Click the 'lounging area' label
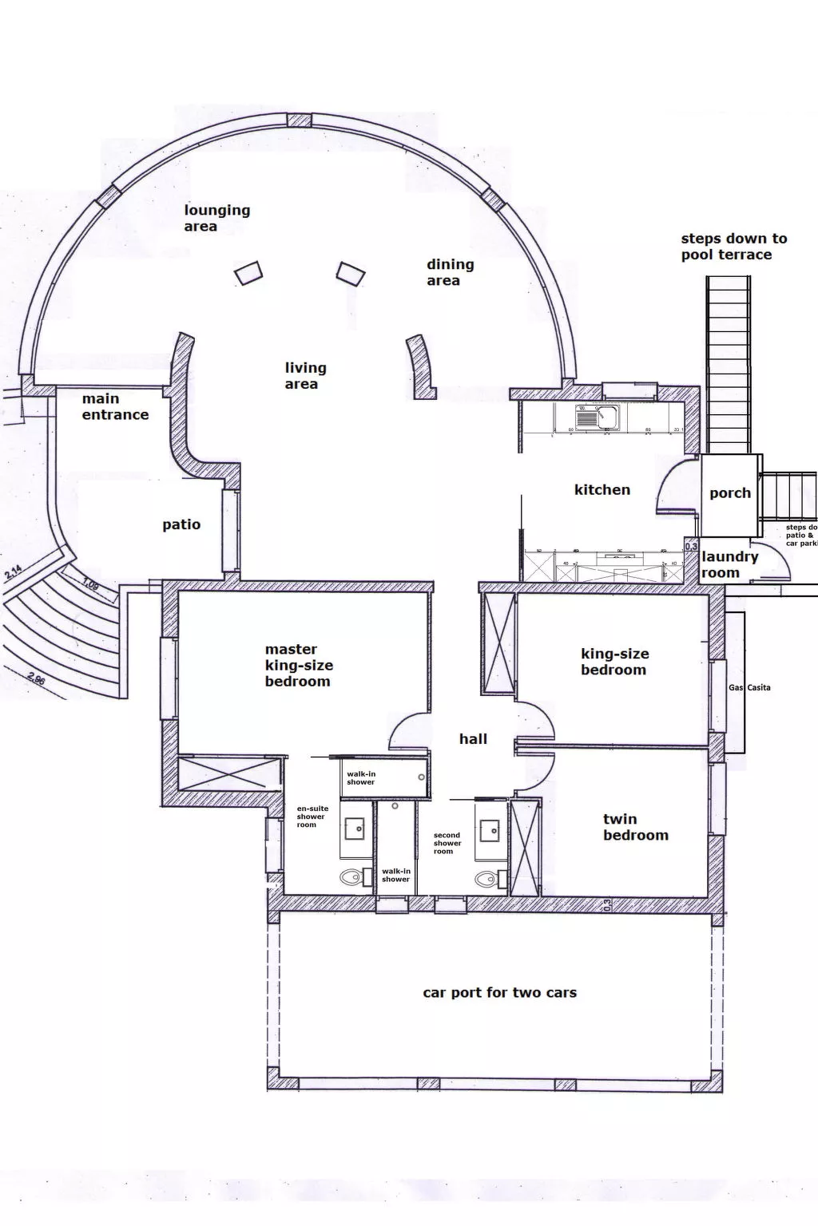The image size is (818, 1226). (216, 218)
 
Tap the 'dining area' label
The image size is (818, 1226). (449, 272)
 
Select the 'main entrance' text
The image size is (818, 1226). (115, 406)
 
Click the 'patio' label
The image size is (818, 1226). (181, 524)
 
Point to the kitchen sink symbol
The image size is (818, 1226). (597, 416)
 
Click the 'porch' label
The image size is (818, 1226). (730, 493)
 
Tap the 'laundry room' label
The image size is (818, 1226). (729, 564)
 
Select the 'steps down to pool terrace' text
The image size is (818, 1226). (733, 247)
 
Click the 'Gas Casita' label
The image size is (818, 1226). (749, 687)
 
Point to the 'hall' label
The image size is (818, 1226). (473, 739)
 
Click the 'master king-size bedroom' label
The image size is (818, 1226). (298, 665)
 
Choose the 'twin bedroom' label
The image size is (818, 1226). (635, 827)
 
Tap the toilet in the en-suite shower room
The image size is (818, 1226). (351, 878)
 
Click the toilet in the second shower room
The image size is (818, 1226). (486, 879)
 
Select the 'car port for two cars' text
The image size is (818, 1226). (499, 993)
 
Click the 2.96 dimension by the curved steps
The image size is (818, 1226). (36, 680)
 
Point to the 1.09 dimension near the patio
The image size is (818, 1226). (89, 585)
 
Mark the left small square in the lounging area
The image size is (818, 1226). (248, 273)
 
